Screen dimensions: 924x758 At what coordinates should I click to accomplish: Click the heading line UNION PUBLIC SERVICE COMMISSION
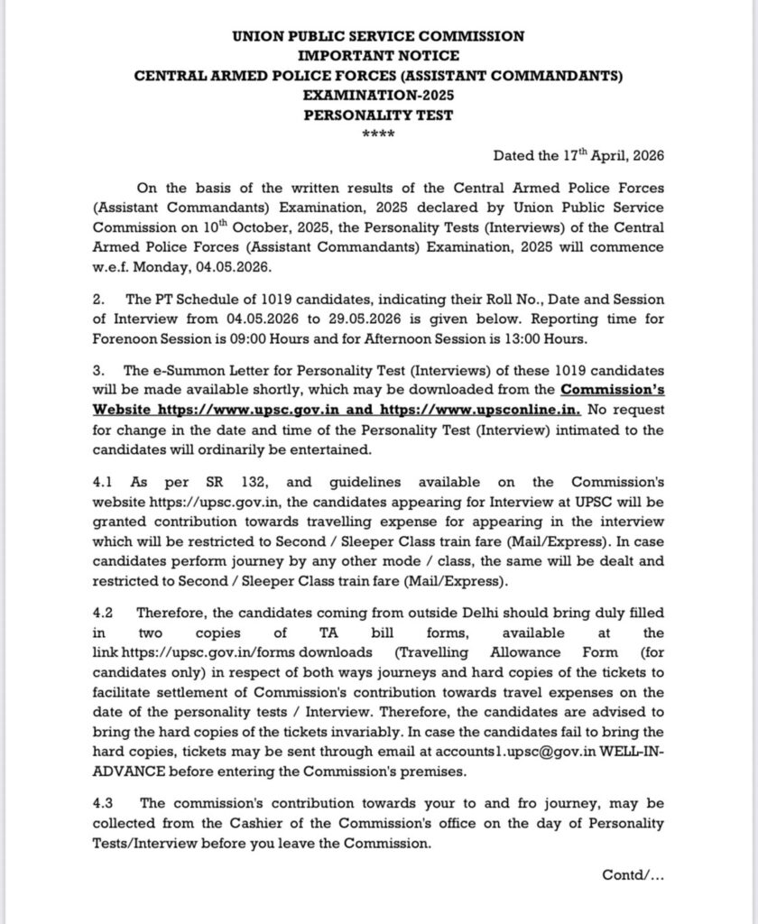[x=378, y=37]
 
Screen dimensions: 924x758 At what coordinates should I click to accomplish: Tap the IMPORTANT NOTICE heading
[x=378, y=56]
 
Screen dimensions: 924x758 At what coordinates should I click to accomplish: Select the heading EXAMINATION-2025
[x=378, y=95]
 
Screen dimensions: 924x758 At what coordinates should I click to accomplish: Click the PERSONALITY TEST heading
[x=378, y=115]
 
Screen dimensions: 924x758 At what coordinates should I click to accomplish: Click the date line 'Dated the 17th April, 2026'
[x=578, y=155]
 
